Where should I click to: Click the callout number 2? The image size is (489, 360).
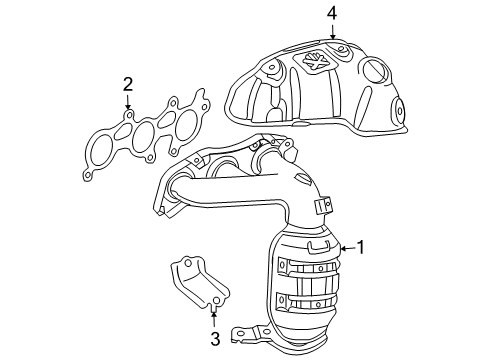point(128,83)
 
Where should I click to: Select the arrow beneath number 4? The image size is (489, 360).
point(331,34)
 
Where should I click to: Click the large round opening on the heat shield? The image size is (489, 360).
point(376,71)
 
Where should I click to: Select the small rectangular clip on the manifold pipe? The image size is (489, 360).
point(322,207)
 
